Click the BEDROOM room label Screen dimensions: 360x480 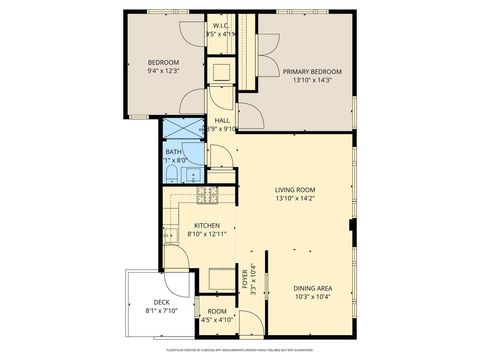coord(162,60)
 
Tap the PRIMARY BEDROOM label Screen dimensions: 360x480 coord(312,72)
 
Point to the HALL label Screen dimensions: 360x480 coord(222,120)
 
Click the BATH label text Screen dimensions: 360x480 coord(174,152)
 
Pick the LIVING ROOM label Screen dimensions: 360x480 coord(295,189)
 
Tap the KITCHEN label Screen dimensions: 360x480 coord(207,225)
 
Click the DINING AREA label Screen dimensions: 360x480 coord(313,288)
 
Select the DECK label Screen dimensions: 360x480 coord(161,302)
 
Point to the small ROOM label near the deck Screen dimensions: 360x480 coord(218,312)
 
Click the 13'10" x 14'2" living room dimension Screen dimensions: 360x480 coord(295,198)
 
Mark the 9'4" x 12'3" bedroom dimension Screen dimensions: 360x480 coord(162,70)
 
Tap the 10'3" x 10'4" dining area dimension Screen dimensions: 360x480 coord(313,297)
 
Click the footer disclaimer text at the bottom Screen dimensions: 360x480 coord(240,350)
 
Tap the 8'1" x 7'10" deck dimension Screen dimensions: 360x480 coord(161,311)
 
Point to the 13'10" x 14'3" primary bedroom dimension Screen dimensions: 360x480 coord(312,81)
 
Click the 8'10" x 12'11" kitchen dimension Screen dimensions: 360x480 coord(207,235)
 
